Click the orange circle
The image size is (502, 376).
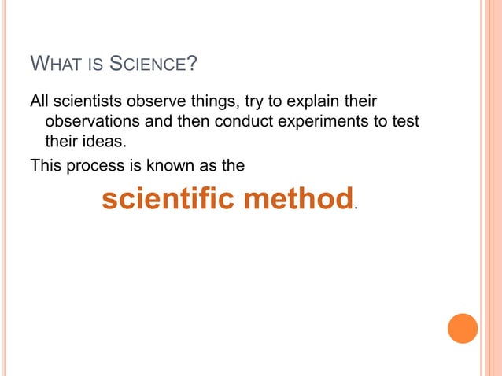pyautogui.click(x=463, y=328)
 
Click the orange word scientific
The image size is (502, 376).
pyautogui.click(x=168, y=199)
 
